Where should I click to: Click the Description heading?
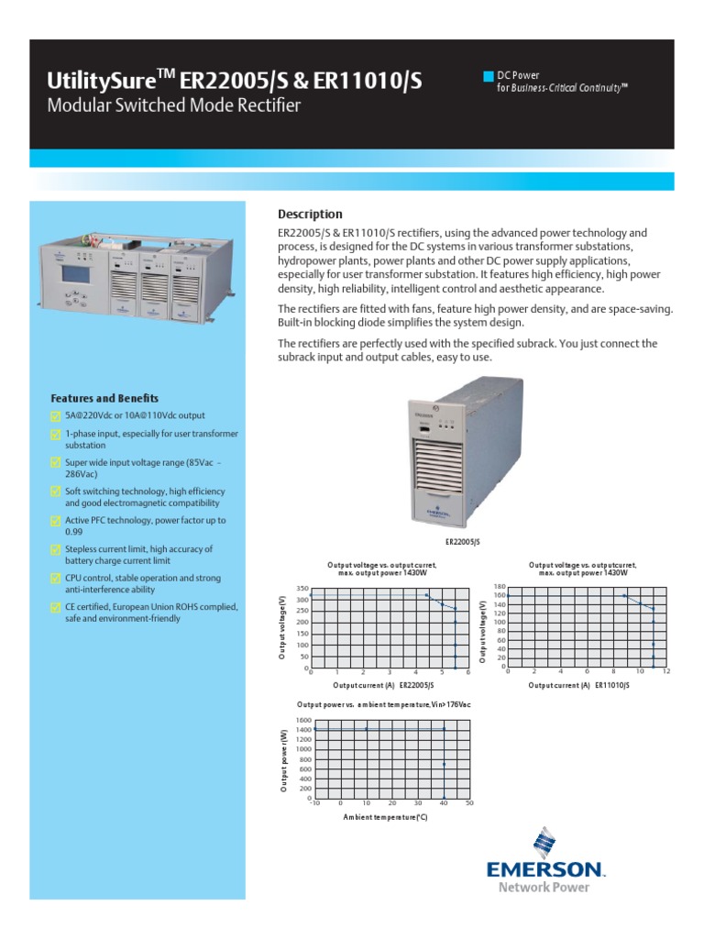click(x=309, y=215)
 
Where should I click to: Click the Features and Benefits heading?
click(x=104, y=399)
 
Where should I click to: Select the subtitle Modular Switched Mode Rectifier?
click(x=173, y=106)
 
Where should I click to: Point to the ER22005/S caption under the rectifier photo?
click(x=463, y=543)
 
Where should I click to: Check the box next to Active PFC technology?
click(x=55, y=521)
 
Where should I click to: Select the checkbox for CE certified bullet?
click(x=55, y=608)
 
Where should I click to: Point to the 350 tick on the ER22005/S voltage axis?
click(x=302, y=588)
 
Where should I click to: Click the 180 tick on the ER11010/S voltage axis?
click(x=500, y=586)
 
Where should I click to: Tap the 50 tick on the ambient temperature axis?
click(x=469, y=803)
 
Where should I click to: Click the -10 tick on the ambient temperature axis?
click(x=314, y=803)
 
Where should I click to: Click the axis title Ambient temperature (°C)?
click(x=385, y=816)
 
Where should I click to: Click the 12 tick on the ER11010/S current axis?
click(x=666, y=672)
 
